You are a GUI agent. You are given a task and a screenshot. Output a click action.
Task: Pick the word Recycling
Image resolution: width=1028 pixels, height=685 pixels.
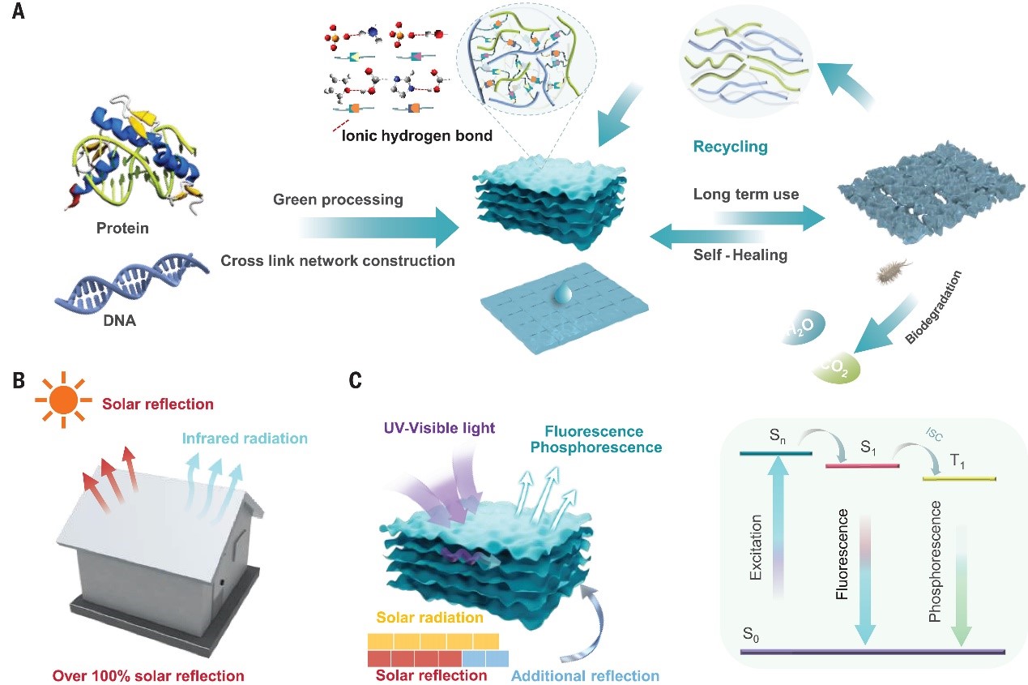pos(729,148)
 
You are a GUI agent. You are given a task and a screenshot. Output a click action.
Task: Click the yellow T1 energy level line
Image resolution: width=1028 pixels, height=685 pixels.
pos(959,478)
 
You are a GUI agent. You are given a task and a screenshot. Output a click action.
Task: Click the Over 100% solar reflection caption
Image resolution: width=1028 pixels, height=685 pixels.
pos(148,674)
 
